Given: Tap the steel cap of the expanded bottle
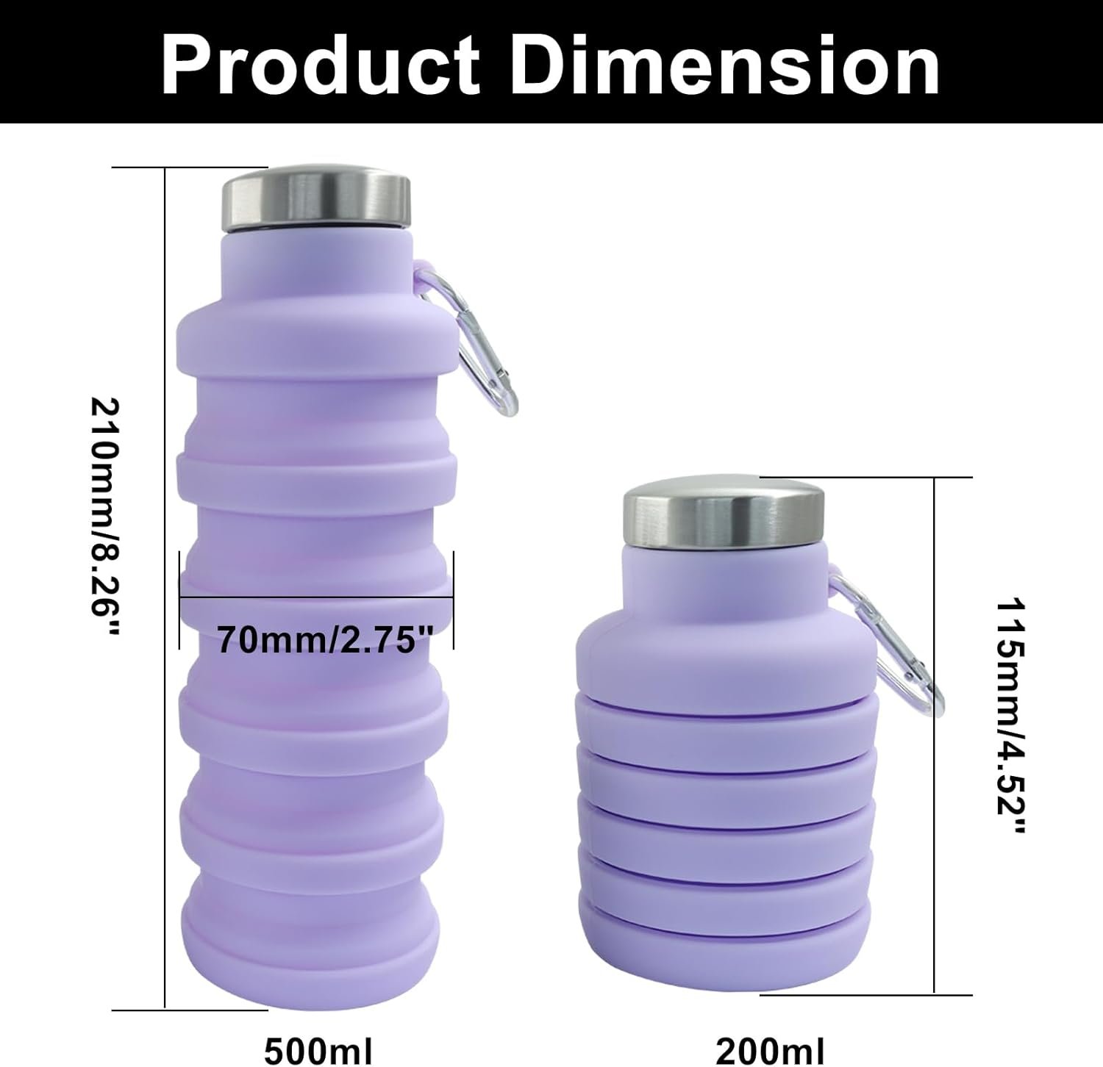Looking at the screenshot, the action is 316,198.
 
